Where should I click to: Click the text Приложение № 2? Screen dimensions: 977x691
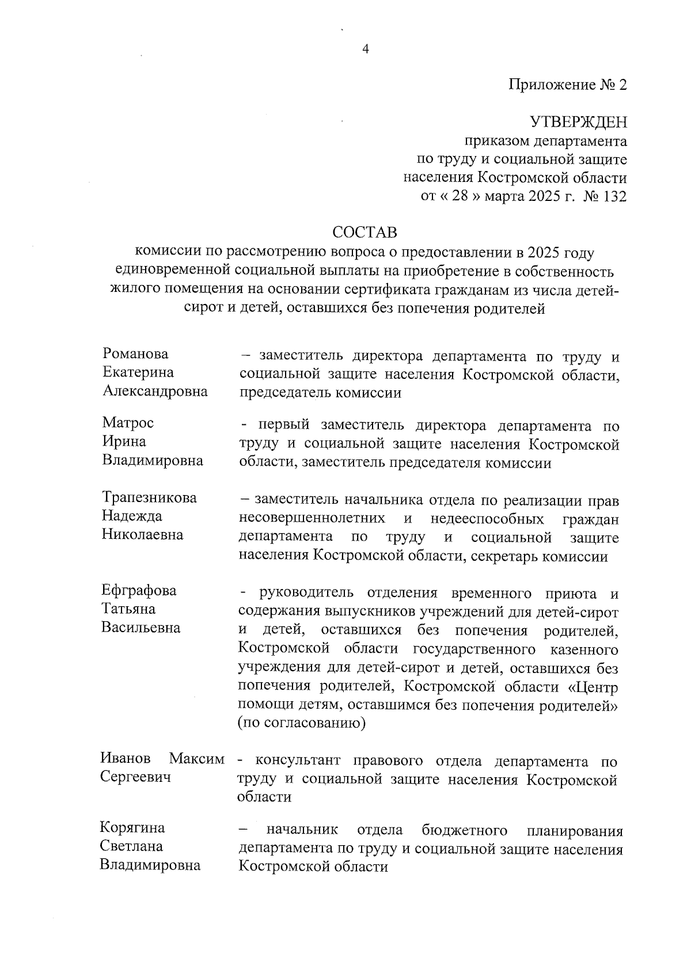[567, 85]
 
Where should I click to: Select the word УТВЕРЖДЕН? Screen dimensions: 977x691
[578, 122]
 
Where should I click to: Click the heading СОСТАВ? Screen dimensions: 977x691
[365, 233]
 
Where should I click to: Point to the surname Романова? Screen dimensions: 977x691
[135, 353]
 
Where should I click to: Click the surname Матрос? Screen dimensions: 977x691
[128, 423]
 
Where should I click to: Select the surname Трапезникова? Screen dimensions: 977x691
[149, 497]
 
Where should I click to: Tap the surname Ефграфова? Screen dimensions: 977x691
[139, 590]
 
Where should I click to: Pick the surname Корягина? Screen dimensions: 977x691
[132, 828]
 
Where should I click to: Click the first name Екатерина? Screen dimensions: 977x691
[138, 372]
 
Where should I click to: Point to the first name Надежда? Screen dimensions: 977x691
[132, 516]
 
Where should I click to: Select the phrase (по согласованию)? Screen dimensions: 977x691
[302, 723]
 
